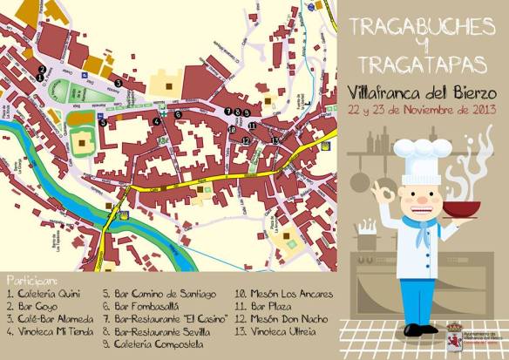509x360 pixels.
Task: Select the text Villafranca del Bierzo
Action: [x=422, y=92]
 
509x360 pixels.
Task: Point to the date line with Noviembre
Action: [x=422, y=109]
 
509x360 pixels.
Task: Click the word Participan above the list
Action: [x=31, y=282]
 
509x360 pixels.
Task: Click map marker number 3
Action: [x=118, y=83]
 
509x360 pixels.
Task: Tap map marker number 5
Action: [x=103, y=123]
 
